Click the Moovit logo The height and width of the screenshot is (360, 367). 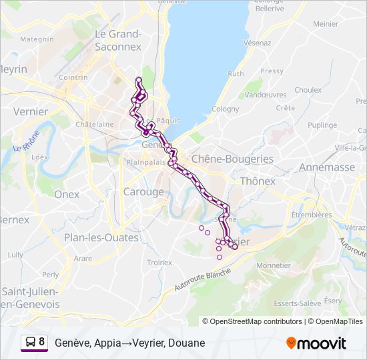pos(316,343)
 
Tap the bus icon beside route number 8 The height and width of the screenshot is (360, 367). pos(30,343)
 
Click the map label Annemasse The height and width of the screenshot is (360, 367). pos(328,167)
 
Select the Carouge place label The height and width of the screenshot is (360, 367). pos(143,192)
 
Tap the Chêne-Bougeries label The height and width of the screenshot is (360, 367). pos(232,159)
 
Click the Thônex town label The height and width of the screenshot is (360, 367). pos(258,181)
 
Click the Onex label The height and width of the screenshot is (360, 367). pos(67,195)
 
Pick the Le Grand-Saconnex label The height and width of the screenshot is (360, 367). pos(118,40)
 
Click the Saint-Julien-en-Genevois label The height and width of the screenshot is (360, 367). pos(31,298)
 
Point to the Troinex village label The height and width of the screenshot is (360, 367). pos(159,263)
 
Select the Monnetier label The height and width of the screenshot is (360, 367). pos(273,265)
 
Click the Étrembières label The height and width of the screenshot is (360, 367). pos(312,215)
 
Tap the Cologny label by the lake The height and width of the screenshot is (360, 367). pos(225,109)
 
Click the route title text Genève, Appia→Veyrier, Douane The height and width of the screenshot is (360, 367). pos(130,343)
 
